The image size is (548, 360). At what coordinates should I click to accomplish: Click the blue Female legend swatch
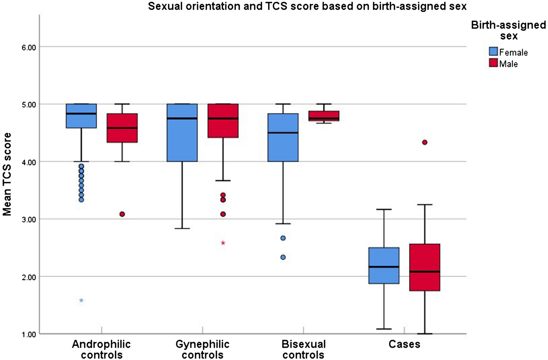tap(493, 51)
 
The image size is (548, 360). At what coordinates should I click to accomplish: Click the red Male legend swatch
tap(493, 63)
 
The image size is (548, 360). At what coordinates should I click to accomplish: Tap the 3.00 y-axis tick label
tap(28, 219)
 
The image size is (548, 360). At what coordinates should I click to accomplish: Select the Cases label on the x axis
tap(404, 344)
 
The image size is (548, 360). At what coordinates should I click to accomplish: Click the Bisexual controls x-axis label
tap(304, 349)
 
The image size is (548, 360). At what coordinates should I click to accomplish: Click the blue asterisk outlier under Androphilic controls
tap(81, 300)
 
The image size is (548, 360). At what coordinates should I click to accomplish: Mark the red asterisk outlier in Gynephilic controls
tap(223, 243)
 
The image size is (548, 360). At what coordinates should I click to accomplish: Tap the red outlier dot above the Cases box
tap(425, 142)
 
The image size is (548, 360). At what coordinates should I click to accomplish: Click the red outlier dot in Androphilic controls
tap(122, 214)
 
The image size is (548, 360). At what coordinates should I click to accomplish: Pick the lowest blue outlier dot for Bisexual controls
tap(283, 257)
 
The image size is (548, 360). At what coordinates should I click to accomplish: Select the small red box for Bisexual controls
tap(324, 116)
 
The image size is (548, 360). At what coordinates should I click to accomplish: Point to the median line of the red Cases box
tap(425, 271)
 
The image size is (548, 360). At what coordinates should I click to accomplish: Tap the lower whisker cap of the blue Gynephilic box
tap(182, 229)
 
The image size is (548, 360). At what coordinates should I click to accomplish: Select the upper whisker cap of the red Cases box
tap(425, 204)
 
